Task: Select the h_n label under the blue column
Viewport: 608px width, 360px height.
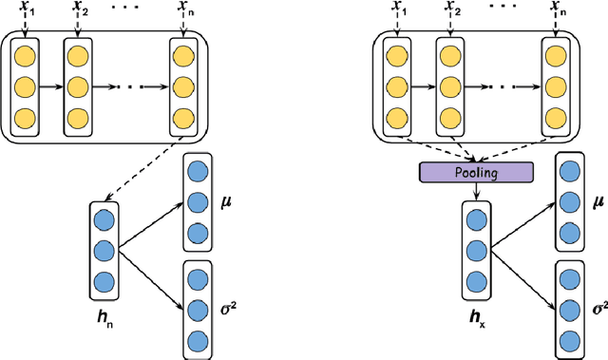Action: pyautogui.click(x=106, y=308)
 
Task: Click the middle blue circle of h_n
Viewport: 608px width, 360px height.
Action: pyautogui.click(x=104, y=250)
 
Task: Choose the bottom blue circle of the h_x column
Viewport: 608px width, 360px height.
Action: pyautogui.click(x=474, y=282)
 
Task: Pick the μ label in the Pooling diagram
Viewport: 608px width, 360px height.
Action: pyautogui.click(x=598, y=202)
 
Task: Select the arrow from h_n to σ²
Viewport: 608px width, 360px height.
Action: pyautogui.click(x=153, y=276)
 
